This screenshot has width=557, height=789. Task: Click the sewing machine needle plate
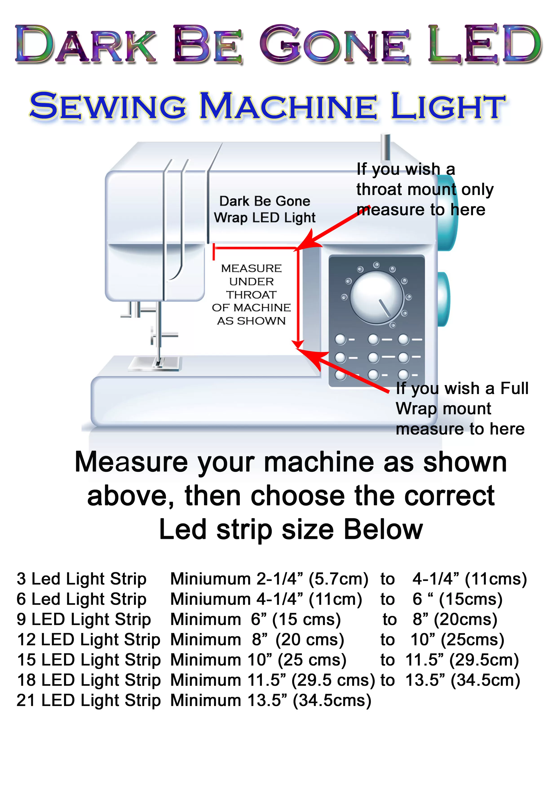[x=155, y=363]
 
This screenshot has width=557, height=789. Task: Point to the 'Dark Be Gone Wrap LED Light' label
[x=265, y=209]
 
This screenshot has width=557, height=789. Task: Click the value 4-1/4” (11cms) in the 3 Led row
[x=469, y=579]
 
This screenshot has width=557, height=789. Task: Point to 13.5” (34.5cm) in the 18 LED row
[x=463, y=680]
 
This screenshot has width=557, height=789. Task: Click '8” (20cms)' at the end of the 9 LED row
[x=455, y=620]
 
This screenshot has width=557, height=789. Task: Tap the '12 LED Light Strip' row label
[x=88, y=640]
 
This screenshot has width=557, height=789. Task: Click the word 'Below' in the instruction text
[x=383, y=529]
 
